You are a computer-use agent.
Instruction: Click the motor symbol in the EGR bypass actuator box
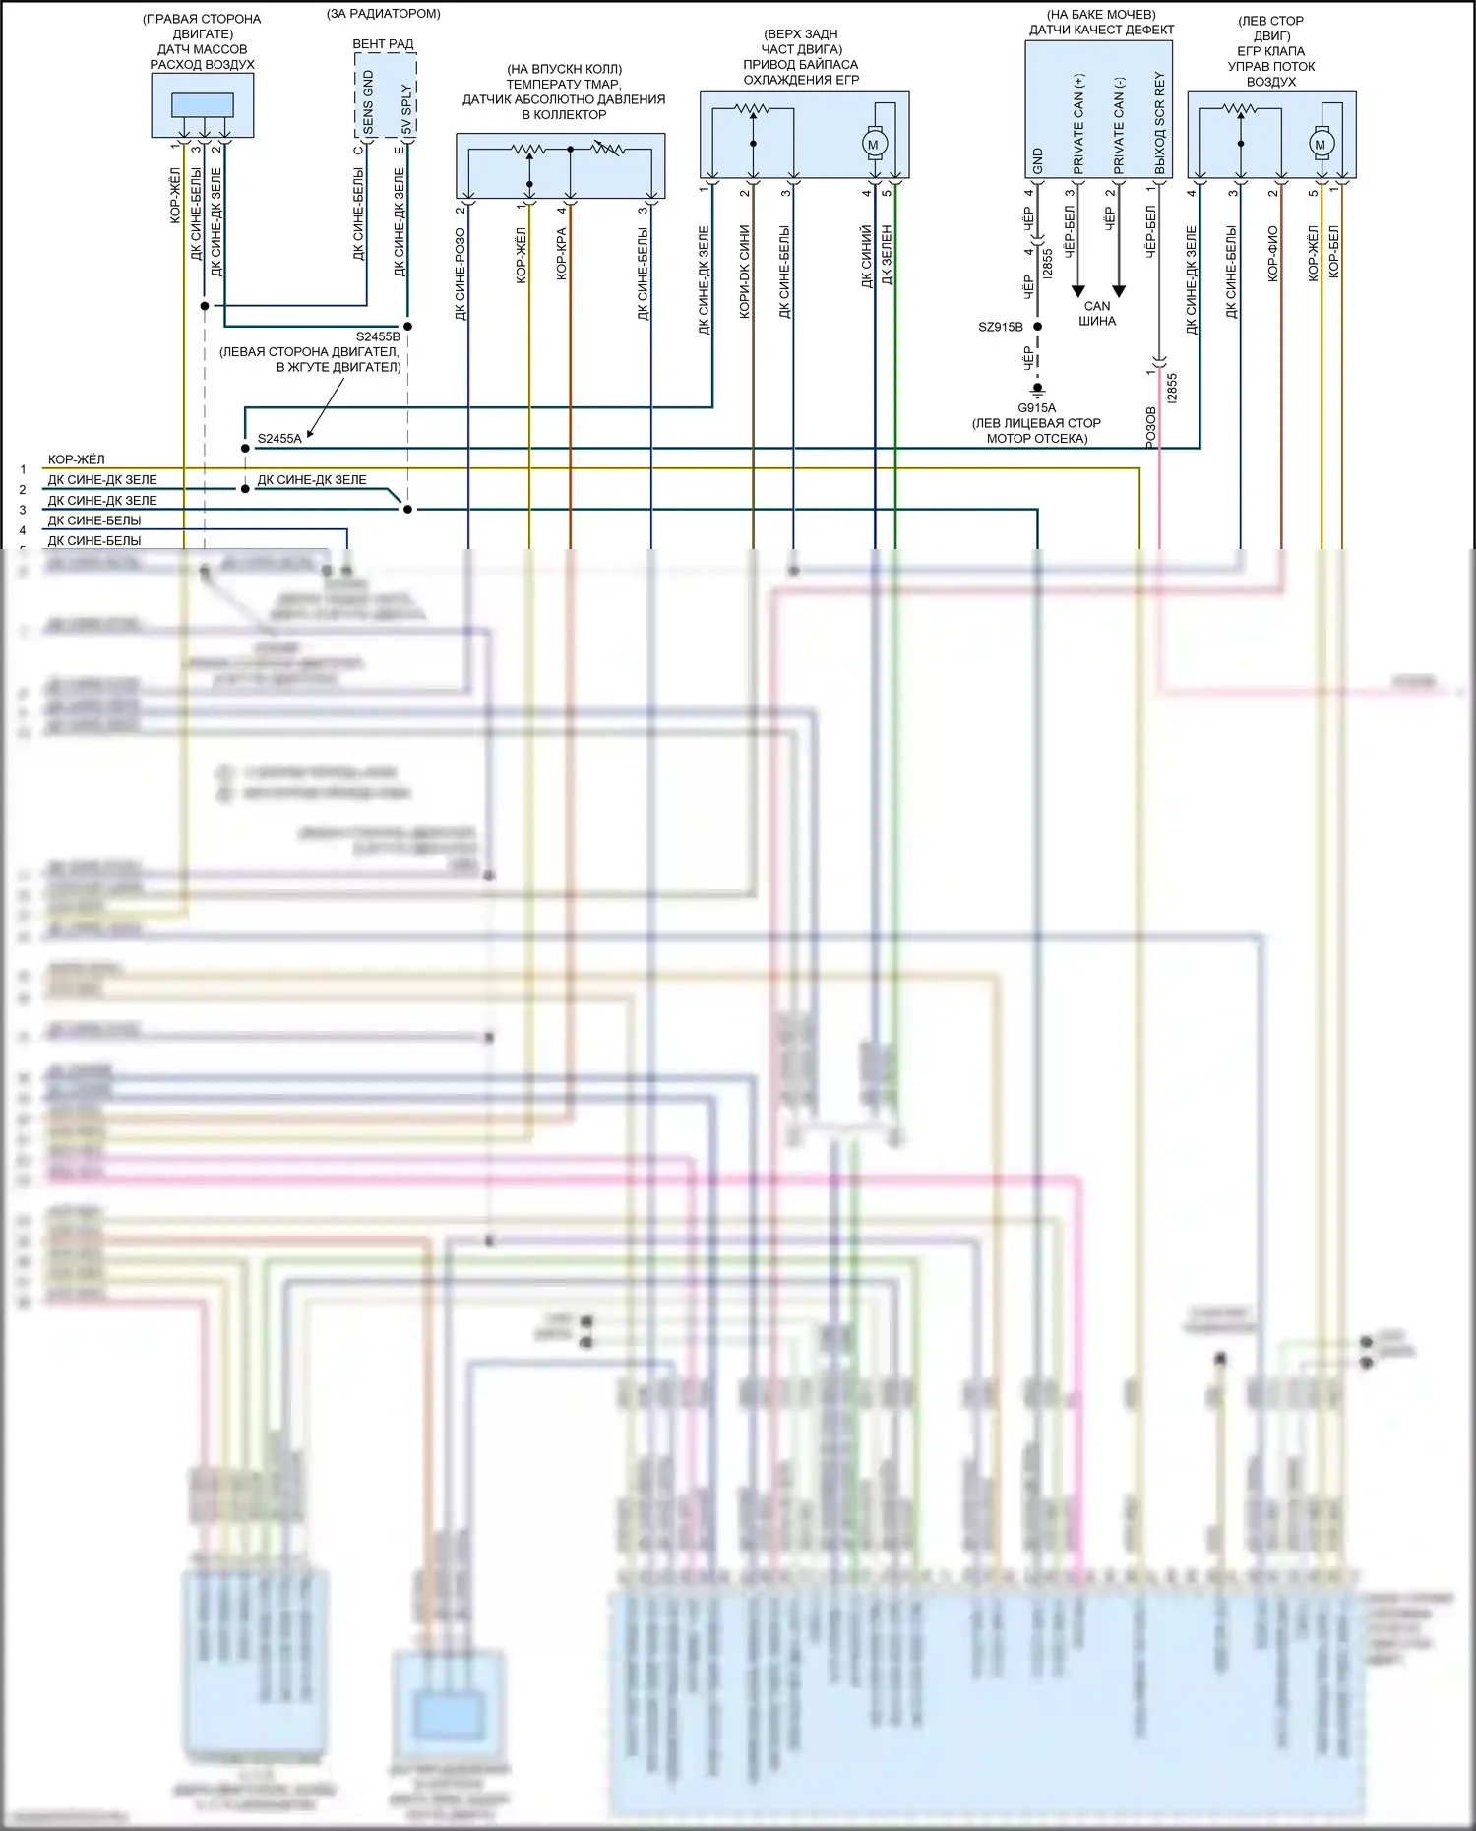coord(872,145)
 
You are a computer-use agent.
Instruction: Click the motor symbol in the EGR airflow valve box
coord(1321,145)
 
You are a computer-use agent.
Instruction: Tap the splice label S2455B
coord(378,336)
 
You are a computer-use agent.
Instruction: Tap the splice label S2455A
coord(279,439)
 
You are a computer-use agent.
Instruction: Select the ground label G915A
coord(1036,407)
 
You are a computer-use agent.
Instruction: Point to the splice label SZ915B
coord(1000,327)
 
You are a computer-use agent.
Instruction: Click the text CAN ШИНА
coord(1097,313)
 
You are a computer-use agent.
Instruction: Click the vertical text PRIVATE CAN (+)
coord(1078,124)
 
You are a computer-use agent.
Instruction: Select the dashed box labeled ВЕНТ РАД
coord(385,94)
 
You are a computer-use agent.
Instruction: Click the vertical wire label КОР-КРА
coord(561,255)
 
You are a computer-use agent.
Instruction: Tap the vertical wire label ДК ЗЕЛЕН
coord(887,255)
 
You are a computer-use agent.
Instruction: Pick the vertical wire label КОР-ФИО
coord(1272,254)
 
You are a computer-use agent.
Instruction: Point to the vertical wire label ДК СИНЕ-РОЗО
coord(460,275)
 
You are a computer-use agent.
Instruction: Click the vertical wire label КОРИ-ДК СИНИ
coord(744,272)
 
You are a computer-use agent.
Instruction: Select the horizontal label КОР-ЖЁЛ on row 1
coord(76,459)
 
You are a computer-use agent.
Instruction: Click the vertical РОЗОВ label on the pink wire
coord(1150,428)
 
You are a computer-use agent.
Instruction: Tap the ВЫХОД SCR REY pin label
coord(1159,123)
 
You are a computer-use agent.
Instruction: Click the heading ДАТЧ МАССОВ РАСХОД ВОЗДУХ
coord(202,57)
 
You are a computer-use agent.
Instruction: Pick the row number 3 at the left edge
coord(23,510)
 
